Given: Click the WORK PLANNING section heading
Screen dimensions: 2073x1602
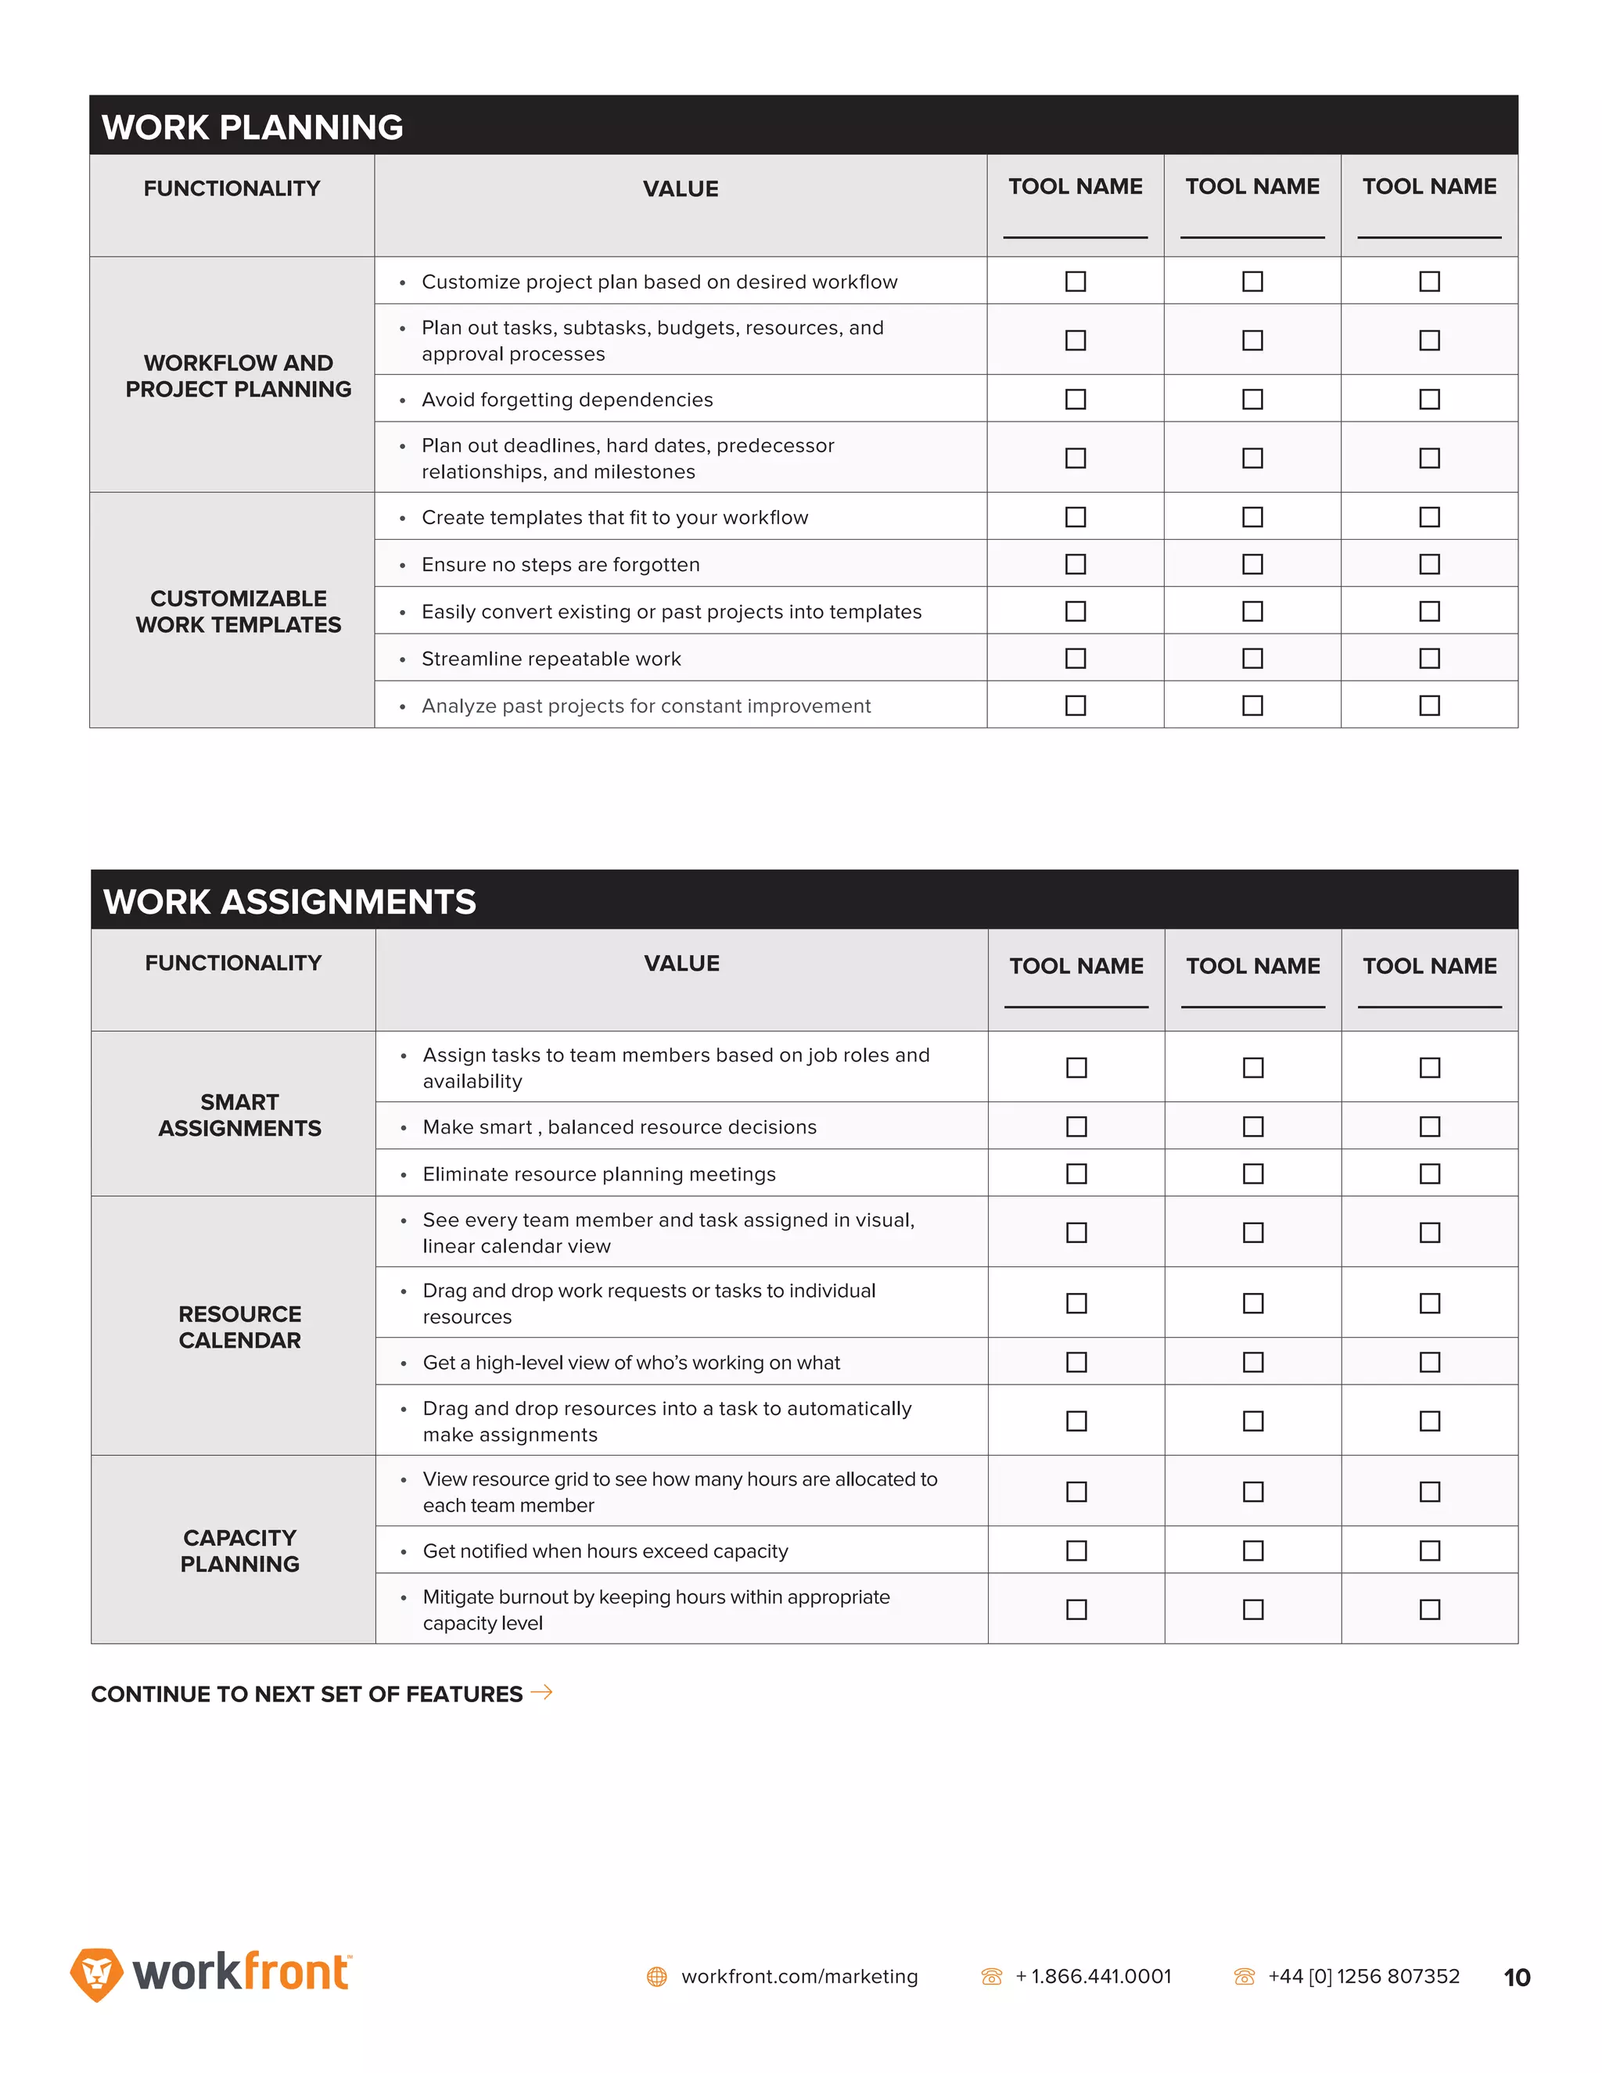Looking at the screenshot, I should point(253,128).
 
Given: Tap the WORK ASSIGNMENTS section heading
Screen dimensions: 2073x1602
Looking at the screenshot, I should point(289,902).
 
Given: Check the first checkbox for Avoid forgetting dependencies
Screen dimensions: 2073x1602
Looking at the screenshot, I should point(1076,400).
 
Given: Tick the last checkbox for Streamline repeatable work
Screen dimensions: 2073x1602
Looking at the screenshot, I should point(1429,659).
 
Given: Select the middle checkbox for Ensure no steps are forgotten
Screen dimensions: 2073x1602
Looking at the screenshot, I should point(1253,565).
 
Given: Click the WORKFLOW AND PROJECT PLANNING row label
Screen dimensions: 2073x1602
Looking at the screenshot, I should point(239,375).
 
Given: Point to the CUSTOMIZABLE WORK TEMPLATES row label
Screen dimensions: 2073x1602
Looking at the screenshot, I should point(239,611).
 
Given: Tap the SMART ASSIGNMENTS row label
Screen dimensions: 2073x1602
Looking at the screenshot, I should point(239,1116).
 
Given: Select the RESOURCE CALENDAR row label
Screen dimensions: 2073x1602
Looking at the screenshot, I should point(239,1327).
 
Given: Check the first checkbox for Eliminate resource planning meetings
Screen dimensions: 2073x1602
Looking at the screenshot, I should point(1076,1174).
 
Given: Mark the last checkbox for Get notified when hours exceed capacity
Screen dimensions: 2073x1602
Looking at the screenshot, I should point(1429,1551).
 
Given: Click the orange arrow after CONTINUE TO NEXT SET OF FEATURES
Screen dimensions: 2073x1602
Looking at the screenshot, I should point(542,1692).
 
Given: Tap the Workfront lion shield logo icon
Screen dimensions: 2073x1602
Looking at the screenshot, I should point(97,1974).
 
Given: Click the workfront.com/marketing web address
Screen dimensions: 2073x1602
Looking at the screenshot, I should point(799,1976).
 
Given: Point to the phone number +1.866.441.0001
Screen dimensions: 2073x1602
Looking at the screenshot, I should point(1094,1976).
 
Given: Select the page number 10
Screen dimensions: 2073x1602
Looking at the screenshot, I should point(1517,1977).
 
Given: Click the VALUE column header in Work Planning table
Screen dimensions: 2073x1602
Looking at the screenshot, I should point(681,189).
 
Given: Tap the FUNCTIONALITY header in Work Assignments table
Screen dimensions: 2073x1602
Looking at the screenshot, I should point(233,964).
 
